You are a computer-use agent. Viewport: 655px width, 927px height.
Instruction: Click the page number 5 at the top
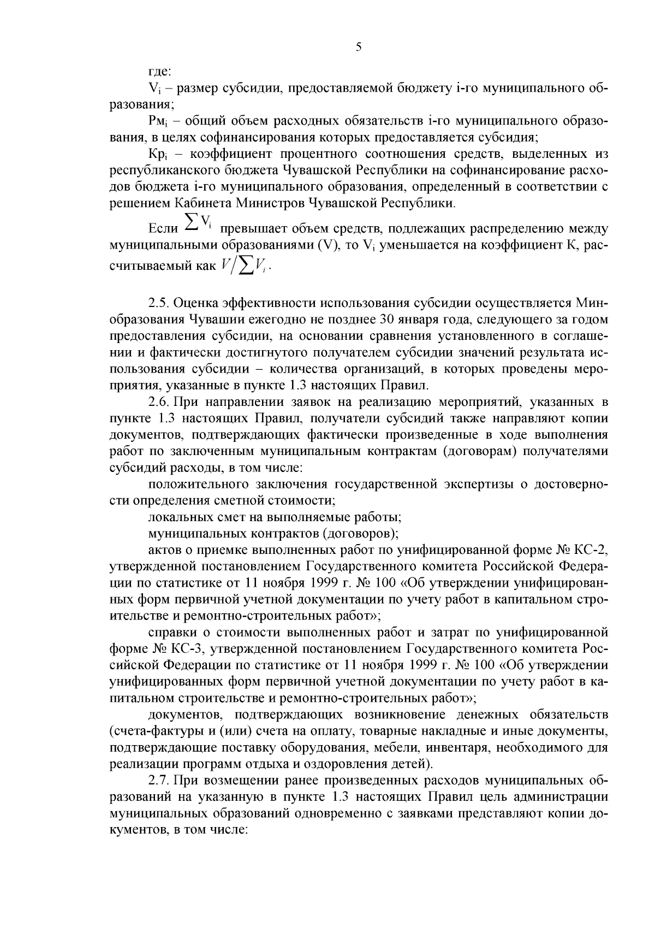(359, 48)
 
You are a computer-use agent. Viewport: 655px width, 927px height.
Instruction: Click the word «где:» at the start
(160, 72)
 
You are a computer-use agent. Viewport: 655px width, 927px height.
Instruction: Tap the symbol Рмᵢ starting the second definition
(157, 120)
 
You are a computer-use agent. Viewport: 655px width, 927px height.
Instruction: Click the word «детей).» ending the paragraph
(412, 764)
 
